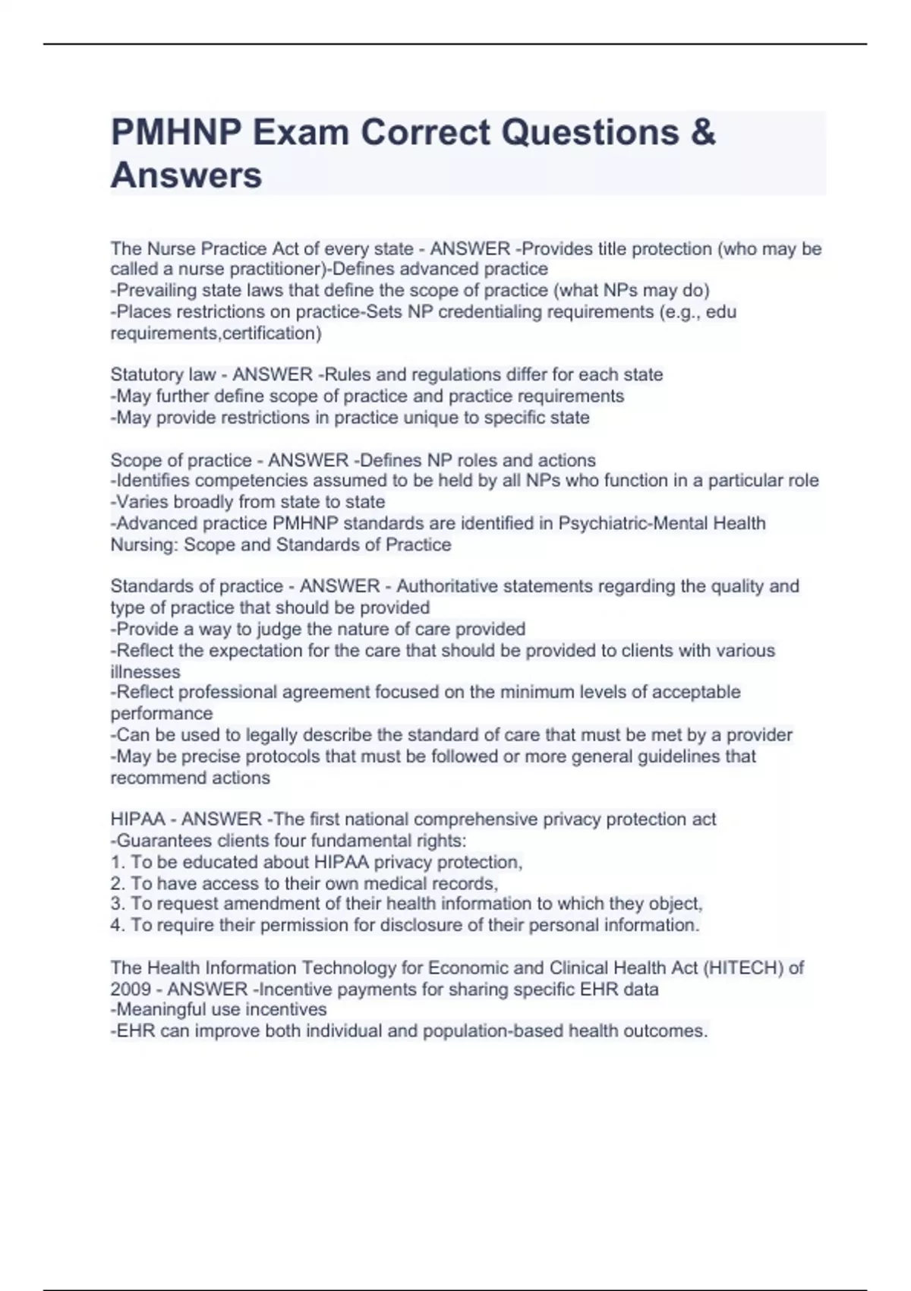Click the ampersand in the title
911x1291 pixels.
point(703,133)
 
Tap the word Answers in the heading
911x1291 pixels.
point(186,175)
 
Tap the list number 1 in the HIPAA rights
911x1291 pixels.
point(117,863)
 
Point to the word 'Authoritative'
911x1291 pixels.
point(455,586)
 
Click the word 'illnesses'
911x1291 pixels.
point(145,672)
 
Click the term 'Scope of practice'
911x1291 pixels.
point(181,460)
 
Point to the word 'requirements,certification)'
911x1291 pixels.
point(216,333)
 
